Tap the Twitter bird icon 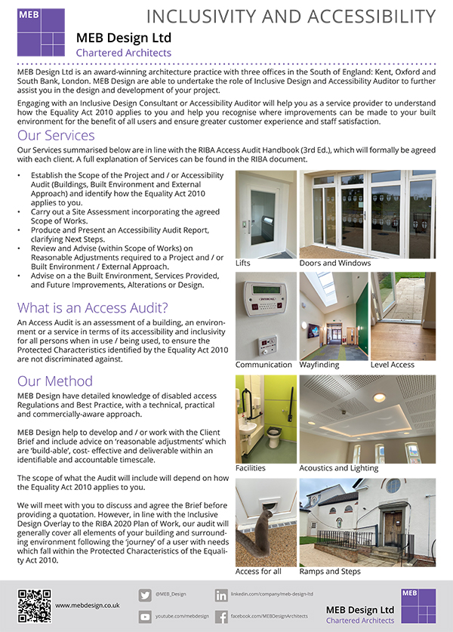tap(145, 595)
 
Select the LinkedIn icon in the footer tap(221, 595)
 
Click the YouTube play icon tap(145, 617)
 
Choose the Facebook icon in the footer tap(221, 617)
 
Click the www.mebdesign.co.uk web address tap(88, 606)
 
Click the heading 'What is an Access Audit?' tap(93, 307)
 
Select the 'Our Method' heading tap(55, 381)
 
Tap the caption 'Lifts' tap(243, 264)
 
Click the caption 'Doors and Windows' tap(334, 264)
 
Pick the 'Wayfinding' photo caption tap(319, 365)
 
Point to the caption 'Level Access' tap(393, 365)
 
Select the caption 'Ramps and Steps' tap(330, 572)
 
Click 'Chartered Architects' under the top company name tap(124, 53)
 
